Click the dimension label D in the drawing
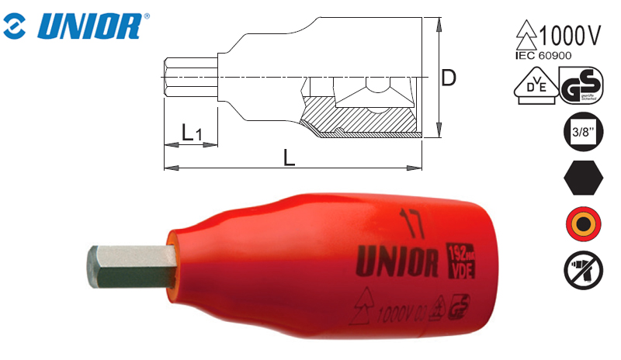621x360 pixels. pyautogui.click(x=449, y=78)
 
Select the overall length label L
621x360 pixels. pyautogui.click(x=289, y=157)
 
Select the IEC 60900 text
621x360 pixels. pyautogui.click(x=548, y=55)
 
